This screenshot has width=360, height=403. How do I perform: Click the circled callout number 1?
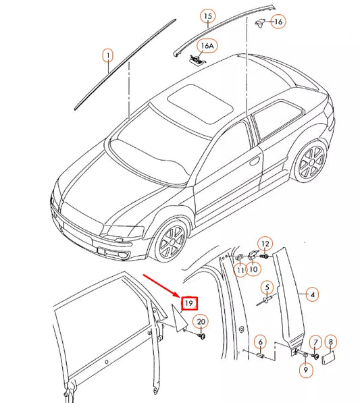click(x=107, y=55)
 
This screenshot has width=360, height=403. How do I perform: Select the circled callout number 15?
click(x=208, y=16)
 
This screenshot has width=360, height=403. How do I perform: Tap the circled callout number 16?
click(x=278, y=22)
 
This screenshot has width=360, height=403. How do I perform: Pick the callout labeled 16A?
click(x=206, y=46)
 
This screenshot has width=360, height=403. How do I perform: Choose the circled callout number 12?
click(x=265, y=244)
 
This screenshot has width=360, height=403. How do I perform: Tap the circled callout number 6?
click(x=260, y=342)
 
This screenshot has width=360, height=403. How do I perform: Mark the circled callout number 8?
click(x=330, y=342)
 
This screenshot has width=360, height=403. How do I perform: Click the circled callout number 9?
click(x=305, y=370)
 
